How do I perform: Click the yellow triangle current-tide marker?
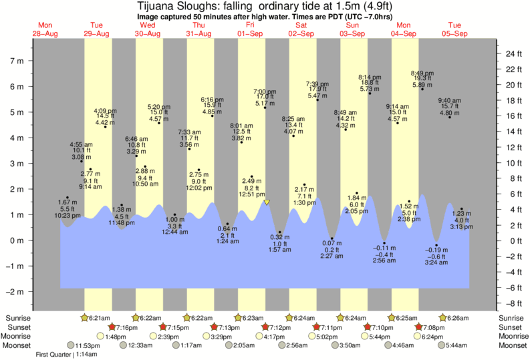[267, 202]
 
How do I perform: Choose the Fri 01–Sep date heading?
[250, 29]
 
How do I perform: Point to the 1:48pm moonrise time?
[116, 337]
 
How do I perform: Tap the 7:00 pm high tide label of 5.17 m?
[265, 98]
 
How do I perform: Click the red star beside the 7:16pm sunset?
[112, 327]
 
